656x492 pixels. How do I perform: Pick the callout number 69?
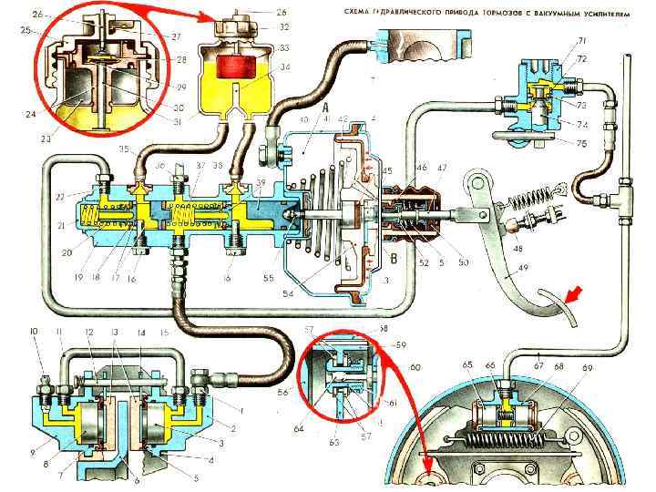pyautogui.click(x=588, y=368)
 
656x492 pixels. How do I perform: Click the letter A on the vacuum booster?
pyautogui.click(x=324, y=107)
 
